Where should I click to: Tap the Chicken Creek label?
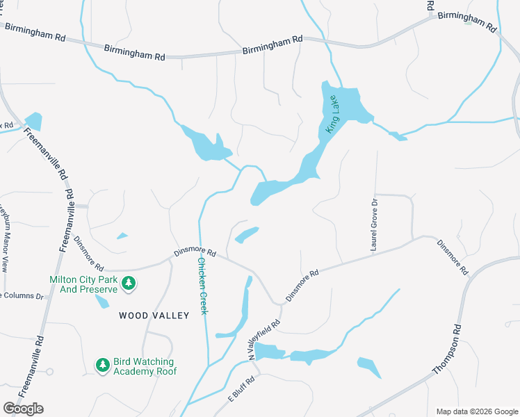click(x=203, y=286)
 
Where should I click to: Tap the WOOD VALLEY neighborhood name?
click(x=154, y=316)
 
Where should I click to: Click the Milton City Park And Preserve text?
click(x=82, y=284)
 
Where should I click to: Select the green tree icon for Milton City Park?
click(x=128, y=283)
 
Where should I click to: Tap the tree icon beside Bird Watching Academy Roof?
click(x=102, y=364)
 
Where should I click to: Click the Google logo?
click(x=22, y=408)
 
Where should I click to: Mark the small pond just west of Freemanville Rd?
click(x=33, y=121)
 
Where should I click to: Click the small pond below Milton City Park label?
click(x=102, y=301)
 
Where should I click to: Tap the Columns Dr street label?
click(x=21, y=296)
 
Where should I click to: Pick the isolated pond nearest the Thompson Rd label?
click(x=369, y=368)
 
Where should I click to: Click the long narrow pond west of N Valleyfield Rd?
click(x=244, y=306)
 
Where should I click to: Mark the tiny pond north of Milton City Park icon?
click(x=122, y=236)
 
